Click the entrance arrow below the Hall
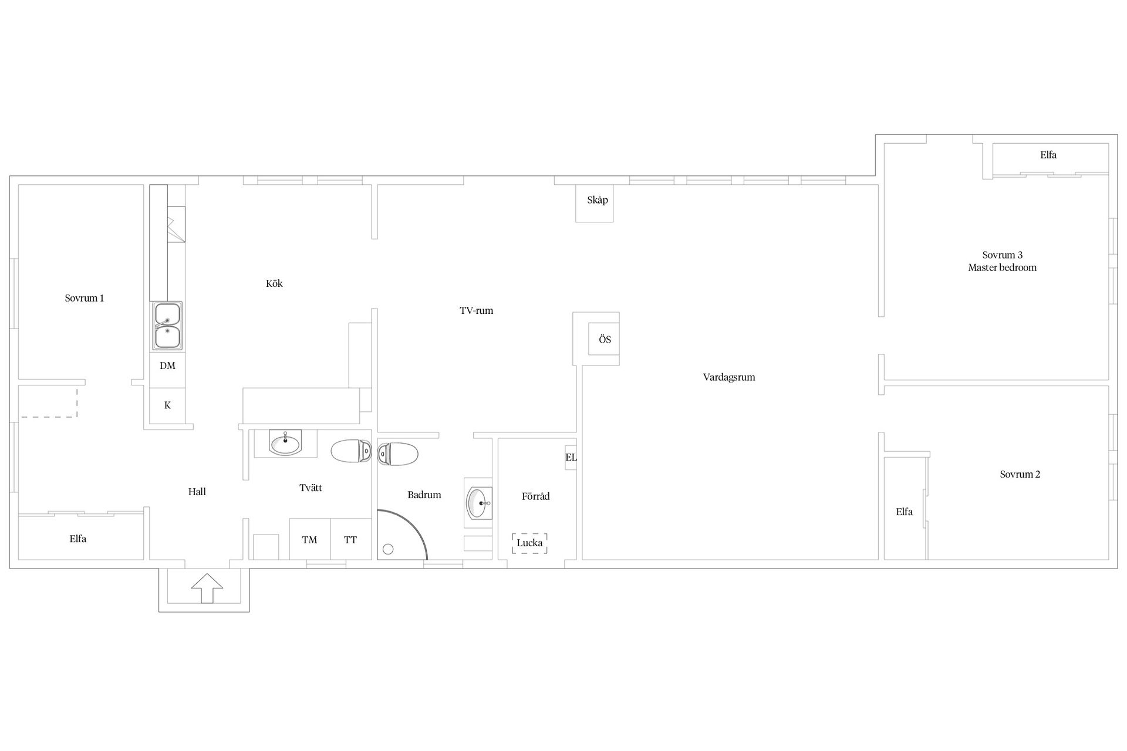click(x=207, y=588)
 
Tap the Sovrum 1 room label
click(x=85, y=298)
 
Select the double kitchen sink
click(x=167, y=326)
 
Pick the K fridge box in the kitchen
click(x=167, y=405)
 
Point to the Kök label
click(x=274, y=283)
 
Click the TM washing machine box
click(x=310, y=539)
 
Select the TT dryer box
click(x=351, y=539)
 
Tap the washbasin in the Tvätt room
click(x=285, y=443)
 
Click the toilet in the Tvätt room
click(x=351, y=451)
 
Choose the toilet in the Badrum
click(x=398, y=454)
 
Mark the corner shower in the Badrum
click(x=402, y=535)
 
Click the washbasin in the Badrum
click(x=478, y=503)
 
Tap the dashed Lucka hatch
click(x=529, y=543)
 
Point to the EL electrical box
click(x=571, y=457)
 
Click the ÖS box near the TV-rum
click(x=605, y=340)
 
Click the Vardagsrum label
click(x=729, y=377)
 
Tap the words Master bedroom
click(x=1003, y=268)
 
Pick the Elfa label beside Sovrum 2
click(x=905, y=512)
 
